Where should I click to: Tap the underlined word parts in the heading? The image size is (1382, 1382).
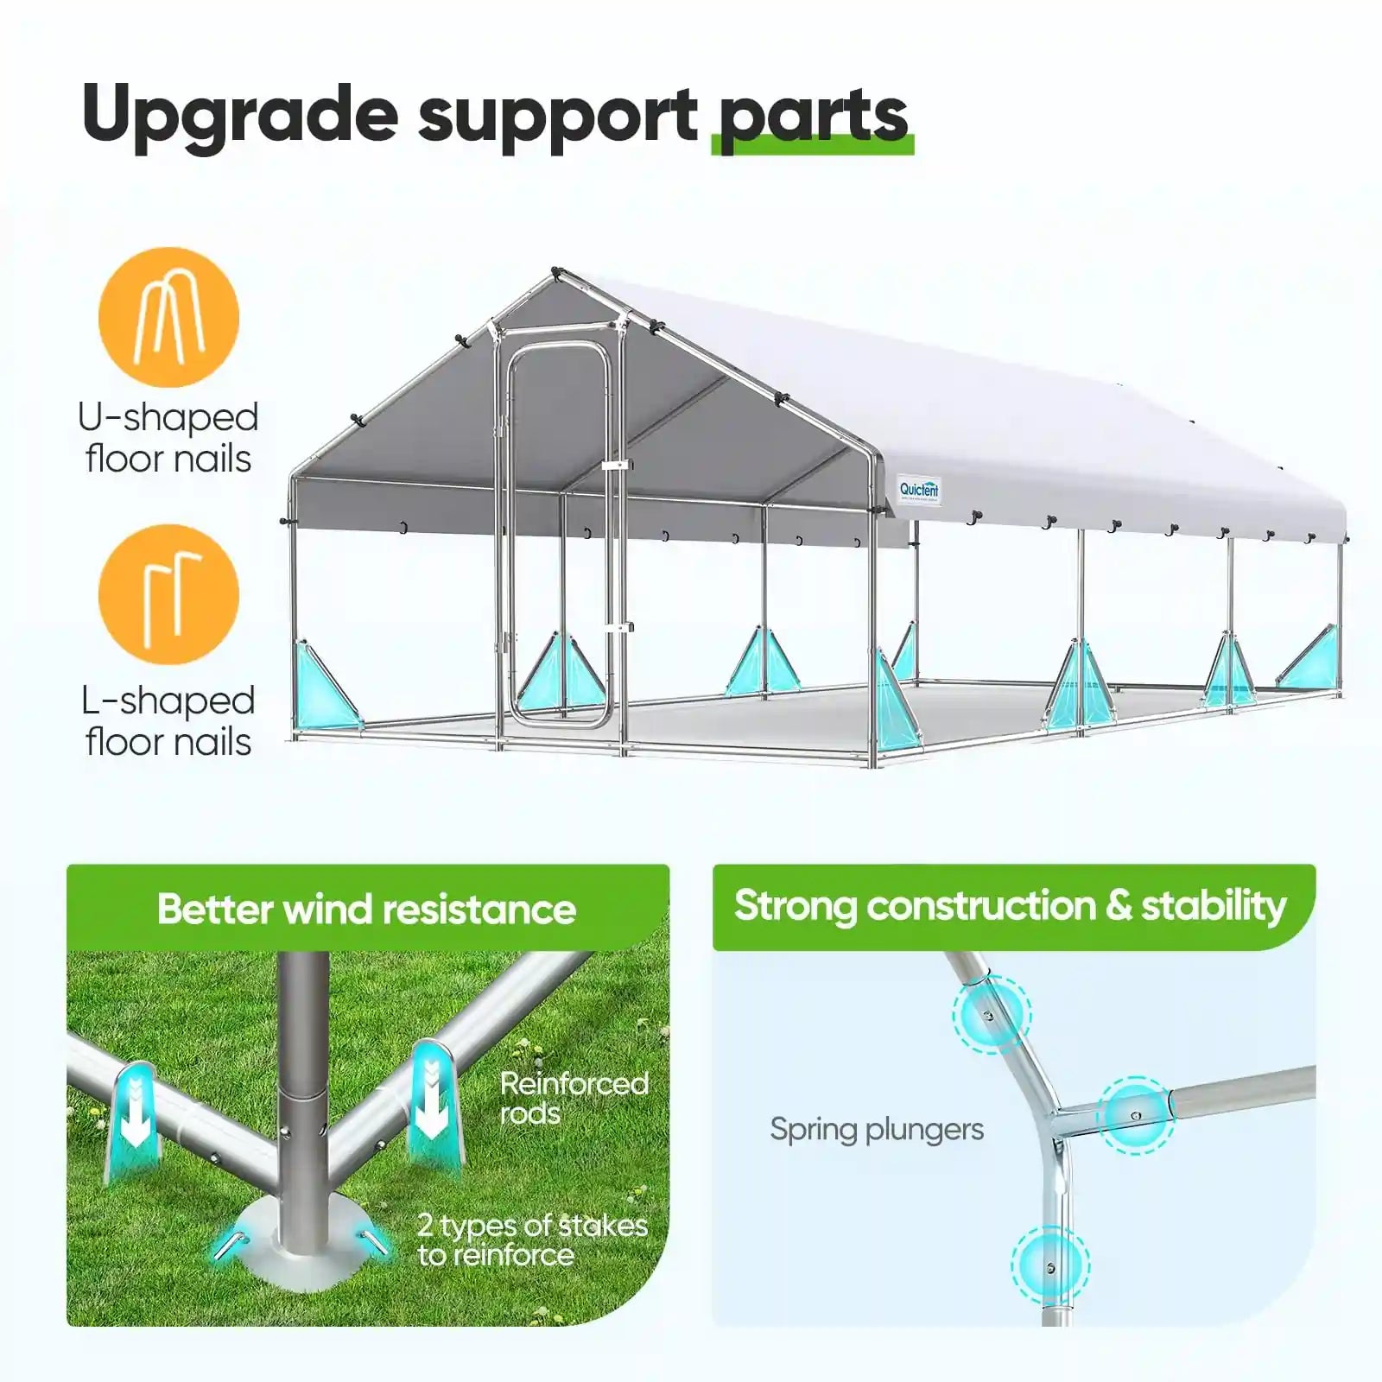pyautogui.click(x=813, y=117)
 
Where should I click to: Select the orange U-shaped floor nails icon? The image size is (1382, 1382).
pyautogui.click(x=168, y=317)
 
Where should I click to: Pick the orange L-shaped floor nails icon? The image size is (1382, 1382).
pyautogui.click(x=168, y=594)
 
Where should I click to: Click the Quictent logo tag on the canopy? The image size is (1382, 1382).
pyautogui.click(x=919, y=490)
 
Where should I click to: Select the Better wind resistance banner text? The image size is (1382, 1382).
pyautogui.click(x=366, y=910)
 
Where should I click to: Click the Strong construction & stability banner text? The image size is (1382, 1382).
pyautogui.click(x=1010, y=906)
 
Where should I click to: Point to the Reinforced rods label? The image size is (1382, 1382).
pyautogui.click(x=574, y=1098)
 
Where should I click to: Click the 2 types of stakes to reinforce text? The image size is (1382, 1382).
pyautogui.click(x=531, y=1239)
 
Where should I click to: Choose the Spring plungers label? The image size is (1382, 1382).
pyautogui.click(x=877, y=1129)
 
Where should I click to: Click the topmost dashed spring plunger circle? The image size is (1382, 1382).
pyautogui.click(x=991, y=1014)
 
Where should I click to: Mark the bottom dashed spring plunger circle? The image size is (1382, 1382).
pyautogui.click(x=1049, y=1266)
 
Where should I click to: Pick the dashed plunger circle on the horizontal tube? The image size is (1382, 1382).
pyautogui.click(x=1135, y=1115)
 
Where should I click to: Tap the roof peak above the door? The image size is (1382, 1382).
pyautogui.click(x=555, y=275)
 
